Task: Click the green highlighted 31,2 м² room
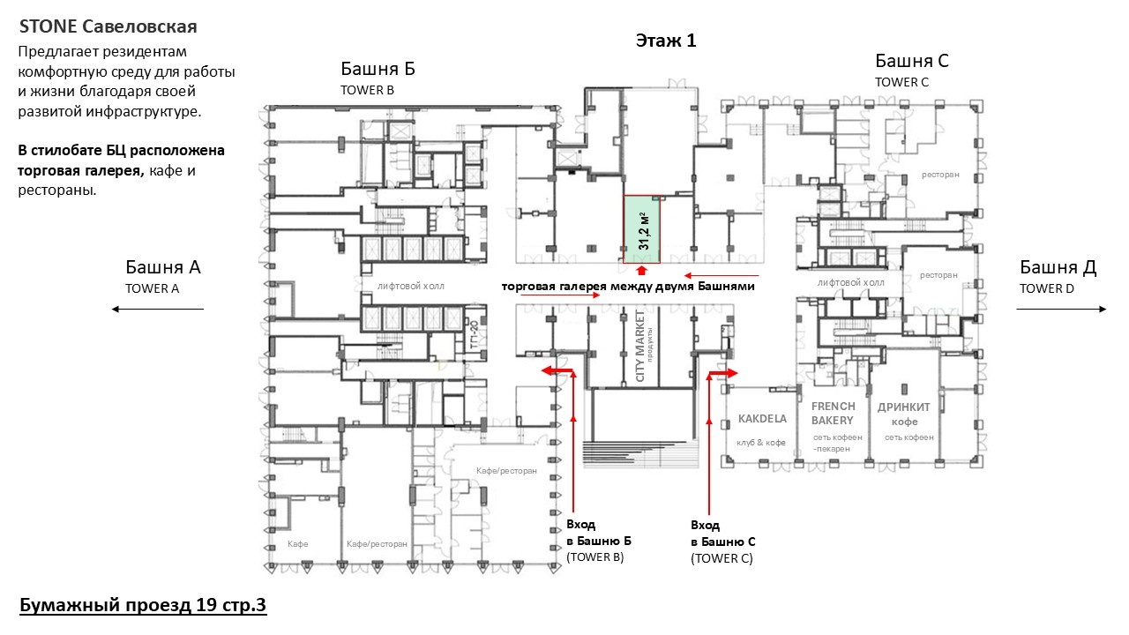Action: pyautogui.click(x=641, y=229)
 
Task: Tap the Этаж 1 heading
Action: pyautogui.click(x=666, y=41)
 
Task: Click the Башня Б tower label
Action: pyautogui.click(x=378, y=69)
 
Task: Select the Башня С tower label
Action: pyautogui.click(x=912, y=61)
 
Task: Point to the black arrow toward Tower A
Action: pyautogui.click(x=158, y=309)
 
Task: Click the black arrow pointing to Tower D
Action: pyautogui.click(x=1061, y=309)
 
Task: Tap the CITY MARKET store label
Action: pyautogui.click(x=640, y=346)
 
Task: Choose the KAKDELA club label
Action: pyautogui.click(x=762, y=419)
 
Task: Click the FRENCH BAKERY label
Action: pyautogui.click(x=833, y=414)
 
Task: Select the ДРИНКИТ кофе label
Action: pyautogui.click(x=904, y=414)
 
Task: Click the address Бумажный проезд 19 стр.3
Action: pyautogui.click(x=143, y=605)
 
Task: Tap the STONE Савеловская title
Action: pyautogui.click(x=108, y=26)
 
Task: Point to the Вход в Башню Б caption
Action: pyautogui.click(x=599, y=541)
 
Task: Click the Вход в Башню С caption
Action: pyautogui.click(x=722, y=542)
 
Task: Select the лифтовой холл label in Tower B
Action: pyautogui.click(x=411, y=287)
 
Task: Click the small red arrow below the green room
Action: pyautogui.click(x=641, y=271)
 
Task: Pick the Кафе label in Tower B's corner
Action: pyautogui.click(x=298, y=544)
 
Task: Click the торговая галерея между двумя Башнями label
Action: pyautogui.click(x=628, y=287)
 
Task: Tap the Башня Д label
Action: pyautogui.click(x=1058, y=267)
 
